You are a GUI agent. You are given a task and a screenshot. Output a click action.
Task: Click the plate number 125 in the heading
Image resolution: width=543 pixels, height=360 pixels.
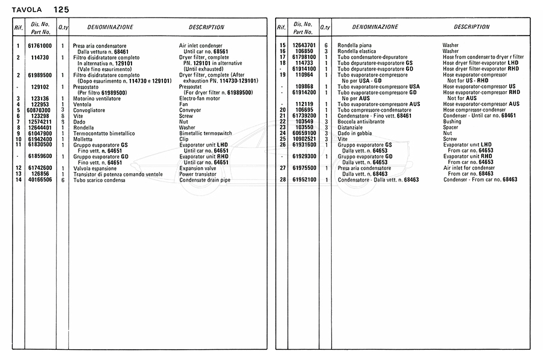(61, 10)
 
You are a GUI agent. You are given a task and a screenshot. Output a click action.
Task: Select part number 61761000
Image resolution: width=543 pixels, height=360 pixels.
(40, 46)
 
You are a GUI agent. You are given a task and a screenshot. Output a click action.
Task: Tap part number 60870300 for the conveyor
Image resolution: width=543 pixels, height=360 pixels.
(39, 110)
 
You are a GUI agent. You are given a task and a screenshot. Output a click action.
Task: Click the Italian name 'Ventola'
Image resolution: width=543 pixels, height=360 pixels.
(82, 105)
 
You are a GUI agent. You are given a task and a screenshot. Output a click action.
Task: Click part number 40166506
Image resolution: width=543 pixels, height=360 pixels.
(39, 180)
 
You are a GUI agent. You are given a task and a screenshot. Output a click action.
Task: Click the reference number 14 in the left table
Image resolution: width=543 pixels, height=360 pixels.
(18, 180)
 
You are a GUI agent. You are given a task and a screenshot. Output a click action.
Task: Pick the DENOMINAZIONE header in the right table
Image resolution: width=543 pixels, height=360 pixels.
(375, 27)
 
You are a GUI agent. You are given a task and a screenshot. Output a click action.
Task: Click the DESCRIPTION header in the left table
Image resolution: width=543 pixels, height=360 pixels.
(206, 27)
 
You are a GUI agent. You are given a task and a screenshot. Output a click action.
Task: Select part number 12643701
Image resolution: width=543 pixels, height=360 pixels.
(303, 46)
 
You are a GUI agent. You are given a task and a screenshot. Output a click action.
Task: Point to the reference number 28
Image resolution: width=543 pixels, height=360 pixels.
(282, 180)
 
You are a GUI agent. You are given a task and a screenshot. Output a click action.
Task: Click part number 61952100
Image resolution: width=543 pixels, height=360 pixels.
(303, 180)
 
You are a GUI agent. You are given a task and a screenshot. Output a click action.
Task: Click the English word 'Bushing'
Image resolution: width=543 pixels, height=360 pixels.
(453, 122)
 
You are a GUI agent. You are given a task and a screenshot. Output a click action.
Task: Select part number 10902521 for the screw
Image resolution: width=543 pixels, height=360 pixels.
(303, 139)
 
